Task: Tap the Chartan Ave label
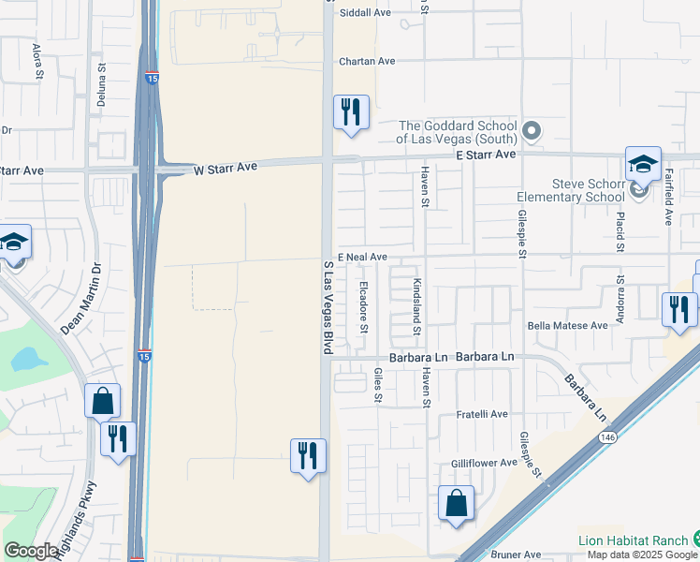click(x=367, y=61)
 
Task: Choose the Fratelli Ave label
click(x=481, y=414)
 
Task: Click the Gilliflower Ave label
click(x=484, y=463)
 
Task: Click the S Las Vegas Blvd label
click(x=328, y=307)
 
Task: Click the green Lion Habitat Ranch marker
click(x=695, y=540)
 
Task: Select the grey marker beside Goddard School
click(x=532, y=130)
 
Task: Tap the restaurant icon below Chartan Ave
click(x=352, y=112)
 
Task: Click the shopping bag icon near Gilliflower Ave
click(x=456, y=503)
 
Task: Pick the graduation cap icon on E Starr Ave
click(x=643, y=164)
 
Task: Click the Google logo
click(x=32, y=551)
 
